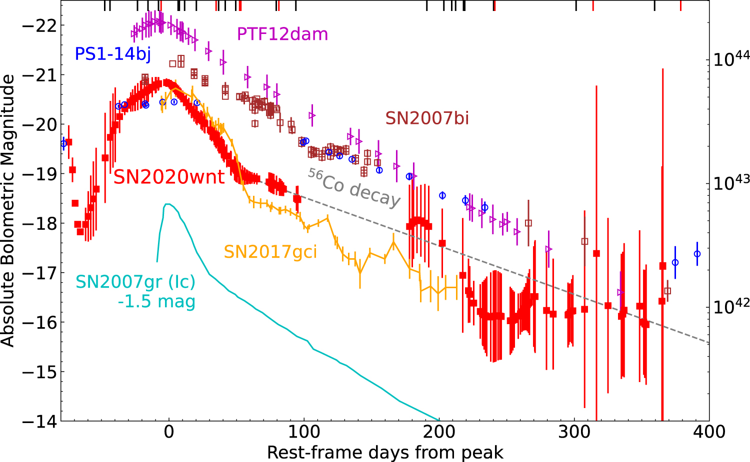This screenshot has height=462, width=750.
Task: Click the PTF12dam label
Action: click(282, 34)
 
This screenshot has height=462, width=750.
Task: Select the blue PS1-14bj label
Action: click(112, 54)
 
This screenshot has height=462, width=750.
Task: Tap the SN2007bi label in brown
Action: click(427, 118)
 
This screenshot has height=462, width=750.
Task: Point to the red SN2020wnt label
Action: click(169, 177)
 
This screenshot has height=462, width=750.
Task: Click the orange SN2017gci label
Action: click(270, 252)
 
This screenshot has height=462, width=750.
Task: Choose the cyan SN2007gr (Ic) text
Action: click(135, 282)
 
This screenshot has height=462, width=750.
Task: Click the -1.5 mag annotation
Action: click(156, 302)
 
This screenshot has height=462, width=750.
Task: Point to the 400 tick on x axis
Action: click(709, 432)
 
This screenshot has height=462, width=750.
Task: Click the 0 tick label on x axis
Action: click(169, 432)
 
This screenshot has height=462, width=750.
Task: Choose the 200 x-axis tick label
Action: click(439, 432)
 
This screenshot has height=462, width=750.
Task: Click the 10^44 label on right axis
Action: click(730, 59)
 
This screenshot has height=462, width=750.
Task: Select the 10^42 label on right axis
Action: click(730, 306)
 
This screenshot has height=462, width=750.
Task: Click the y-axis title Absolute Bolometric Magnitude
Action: click(8, 210)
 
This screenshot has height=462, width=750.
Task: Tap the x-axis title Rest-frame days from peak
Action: click(385, 453)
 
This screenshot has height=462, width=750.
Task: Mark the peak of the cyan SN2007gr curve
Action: click(167, 204)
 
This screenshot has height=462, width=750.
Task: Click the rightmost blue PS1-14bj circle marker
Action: click(697, 254)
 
